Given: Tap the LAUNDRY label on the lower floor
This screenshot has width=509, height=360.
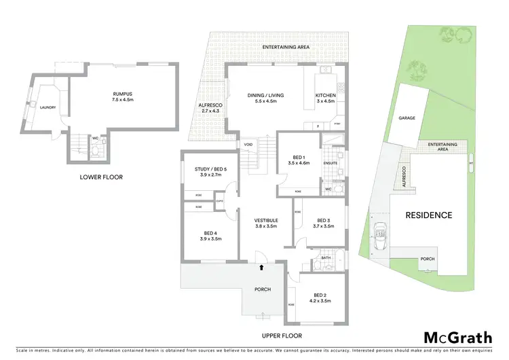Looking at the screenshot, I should coord(48,107).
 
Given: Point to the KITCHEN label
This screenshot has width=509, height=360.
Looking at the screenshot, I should coord(325,96).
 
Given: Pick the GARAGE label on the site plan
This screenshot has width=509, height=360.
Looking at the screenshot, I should coord(407,118).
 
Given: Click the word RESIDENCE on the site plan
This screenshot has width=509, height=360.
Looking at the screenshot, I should coord(428,215).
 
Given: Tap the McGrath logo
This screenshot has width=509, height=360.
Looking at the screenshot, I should coord(458,337).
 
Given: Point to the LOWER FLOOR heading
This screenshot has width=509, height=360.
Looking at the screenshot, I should coord(96,177).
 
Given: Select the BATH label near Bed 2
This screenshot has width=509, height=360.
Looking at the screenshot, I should coord(326,257).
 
